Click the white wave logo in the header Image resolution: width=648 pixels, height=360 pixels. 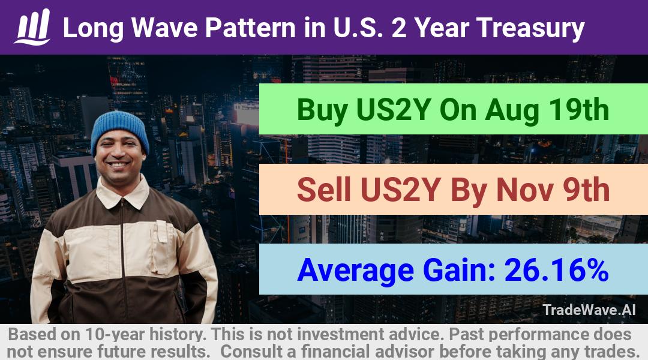[32, 27]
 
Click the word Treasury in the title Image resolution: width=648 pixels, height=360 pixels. [530, 29]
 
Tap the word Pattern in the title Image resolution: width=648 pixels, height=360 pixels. [250, 28]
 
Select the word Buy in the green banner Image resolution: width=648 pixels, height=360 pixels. [322, 110]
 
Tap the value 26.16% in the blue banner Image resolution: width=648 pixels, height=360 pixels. [556, 270]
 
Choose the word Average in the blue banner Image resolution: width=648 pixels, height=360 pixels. [355, 271]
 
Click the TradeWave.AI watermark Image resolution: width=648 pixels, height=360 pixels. [589, 310]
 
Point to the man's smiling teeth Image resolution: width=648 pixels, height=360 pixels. [119, 164]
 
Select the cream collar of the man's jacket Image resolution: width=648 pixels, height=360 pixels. [122, 193]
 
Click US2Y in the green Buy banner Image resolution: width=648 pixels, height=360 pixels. [394, 110]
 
